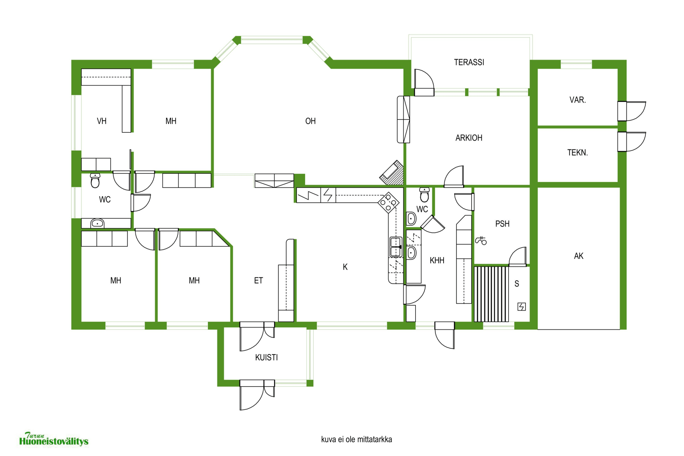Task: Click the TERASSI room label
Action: click(x=469, y=62)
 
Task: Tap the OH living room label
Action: click(x=310, y=121)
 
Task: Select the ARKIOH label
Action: click(x=469, y=138)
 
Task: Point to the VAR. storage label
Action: click(x=578, y=100)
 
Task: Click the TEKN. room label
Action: click(x=578, y=153)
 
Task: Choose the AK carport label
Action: click(x=579, y=256)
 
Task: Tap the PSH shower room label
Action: click(x=502, y=224)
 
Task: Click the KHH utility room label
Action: click(x=437, y=260)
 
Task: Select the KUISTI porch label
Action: click(x=266, y=357)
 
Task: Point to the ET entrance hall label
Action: click(x=259, y=281)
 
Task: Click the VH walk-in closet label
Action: click(x=102, y=121)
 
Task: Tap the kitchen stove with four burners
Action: click(x=389, y=203)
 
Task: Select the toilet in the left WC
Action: click(x=95, y=180)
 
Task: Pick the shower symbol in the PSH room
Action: click(x=481, y=240)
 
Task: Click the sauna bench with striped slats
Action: click(x=491, y=294)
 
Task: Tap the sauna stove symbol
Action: click(x=522, y=307)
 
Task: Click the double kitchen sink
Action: click(x=396, y=247)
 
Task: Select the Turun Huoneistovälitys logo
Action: click(x=54, y=439)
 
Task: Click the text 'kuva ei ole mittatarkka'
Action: click(x=356, y=440)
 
